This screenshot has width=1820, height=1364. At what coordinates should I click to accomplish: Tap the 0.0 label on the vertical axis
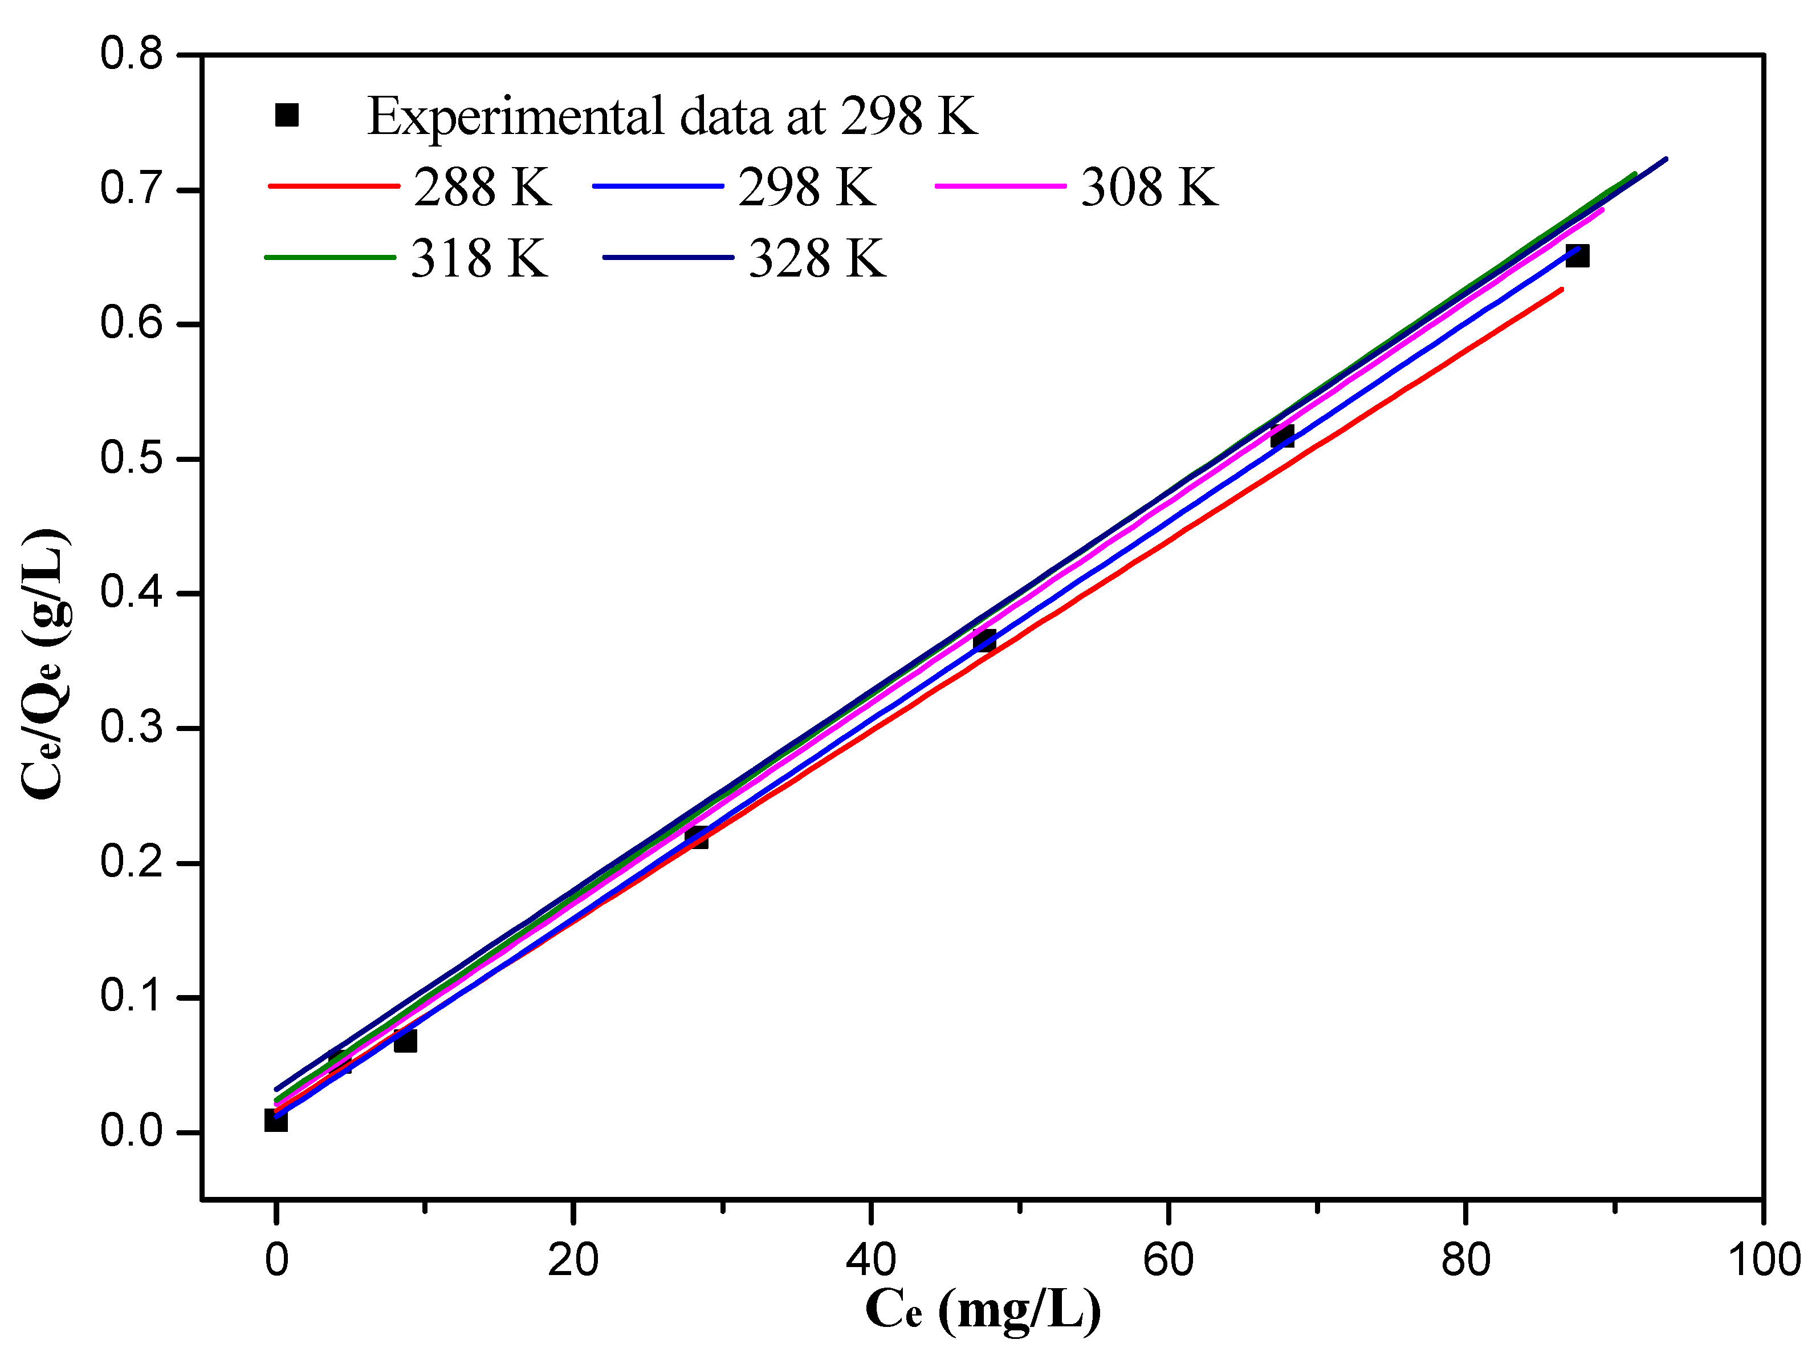[132, 1132]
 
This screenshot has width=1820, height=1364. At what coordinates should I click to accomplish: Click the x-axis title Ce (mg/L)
[983, 1310]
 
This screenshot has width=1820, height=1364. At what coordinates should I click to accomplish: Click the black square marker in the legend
[286, 115]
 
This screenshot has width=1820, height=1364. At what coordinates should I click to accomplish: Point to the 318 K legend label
[479, 258]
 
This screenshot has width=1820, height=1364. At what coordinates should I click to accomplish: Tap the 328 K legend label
[817, 258]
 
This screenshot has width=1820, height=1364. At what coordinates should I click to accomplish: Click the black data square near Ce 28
[697, 837]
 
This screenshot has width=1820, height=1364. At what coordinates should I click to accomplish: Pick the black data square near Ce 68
[1282, 436]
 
